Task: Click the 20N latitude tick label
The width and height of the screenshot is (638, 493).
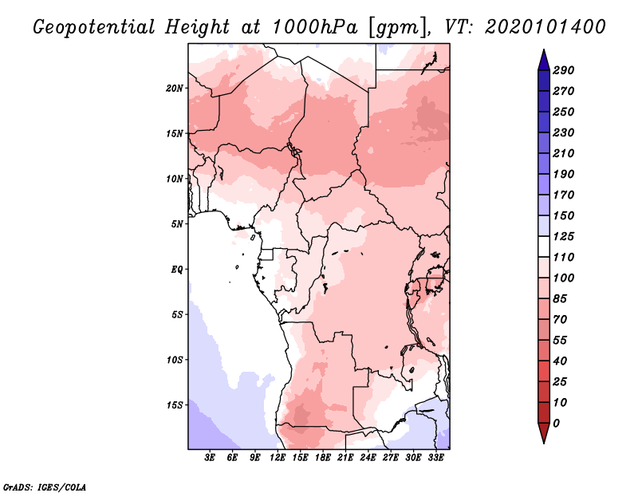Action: (175, 88)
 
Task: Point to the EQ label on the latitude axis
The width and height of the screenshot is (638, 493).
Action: (177, 269)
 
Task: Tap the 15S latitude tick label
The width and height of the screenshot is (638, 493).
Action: (175, 404)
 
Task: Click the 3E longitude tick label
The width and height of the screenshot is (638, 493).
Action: (211, 458)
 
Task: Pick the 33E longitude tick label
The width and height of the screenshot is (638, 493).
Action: (435, 458)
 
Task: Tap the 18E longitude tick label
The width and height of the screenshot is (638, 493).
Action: (323, 458)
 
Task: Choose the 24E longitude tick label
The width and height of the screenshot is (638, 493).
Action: (368, 458)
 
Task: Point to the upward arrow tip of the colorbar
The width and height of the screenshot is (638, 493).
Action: (543, 52)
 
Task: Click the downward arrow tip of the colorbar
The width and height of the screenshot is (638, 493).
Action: (543, 441)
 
